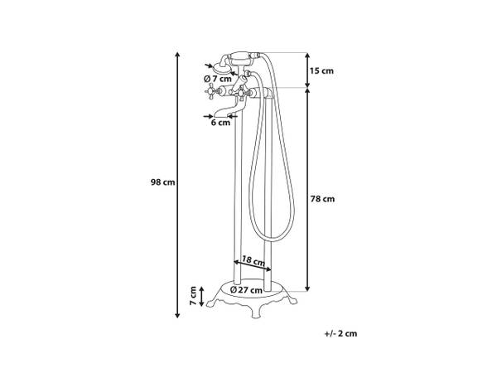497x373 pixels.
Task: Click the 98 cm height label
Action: pos(162,182)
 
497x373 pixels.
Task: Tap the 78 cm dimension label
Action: pos(322,199)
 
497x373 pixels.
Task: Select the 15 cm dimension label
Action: pos(321,70)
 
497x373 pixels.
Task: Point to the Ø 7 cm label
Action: pos(218,79)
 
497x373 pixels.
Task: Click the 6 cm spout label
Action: pos(220,123)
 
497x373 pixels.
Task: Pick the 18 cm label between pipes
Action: pos(253,261)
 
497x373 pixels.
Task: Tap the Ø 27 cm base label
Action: pos(246,290)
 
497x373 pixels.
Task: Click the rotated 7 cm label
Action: pos(193,296)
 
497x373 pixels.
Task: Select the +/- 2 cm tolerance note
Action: pos(340,333)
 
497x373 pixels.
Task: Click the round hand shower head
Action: pos(220,67)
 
